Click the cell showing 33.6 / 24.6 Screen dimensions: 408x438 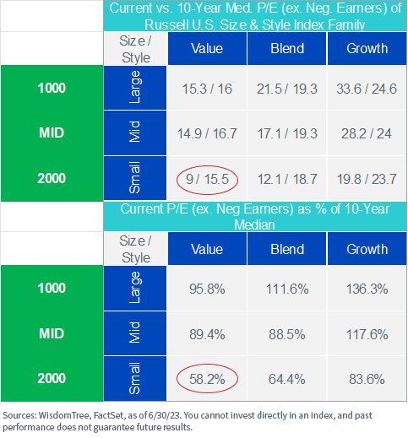point(367,89)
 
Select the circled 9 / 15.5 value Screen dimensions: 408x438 point(207,179)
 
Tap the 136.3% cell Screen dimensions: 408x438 point(367,289)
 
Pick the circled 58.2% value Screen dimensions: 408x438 point(207,379)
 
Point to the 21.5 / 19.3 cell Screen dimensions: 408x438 point(287,89)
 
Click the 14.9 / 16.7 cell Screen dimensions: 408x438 point(207,133)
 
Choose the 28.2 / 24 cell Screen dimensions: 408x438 point(367,133)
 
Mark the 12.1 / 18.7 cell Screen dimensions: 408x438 point(287,179)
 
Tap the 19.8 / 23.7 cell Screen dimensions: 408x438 point(367,179)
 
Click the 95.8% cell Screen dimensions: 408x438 point(207,289)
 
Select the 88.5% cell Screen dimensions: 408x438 point(287,334)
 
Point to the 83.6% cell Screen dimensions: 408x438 point(367,379)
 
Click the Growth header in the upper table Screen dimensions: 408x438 point(367,48)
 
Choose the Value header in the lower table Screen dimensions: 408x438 point(207,249)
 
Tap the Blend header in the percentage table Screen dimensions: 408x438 point(287,249)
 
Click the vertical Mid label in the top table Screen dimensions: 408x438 point(134,132)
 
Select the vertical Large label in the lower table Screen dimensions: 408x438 point(135,288)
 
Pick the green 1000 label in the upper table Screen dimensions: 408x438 point(52,88)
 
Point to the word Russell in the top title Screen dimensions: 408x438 point(166,24)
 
